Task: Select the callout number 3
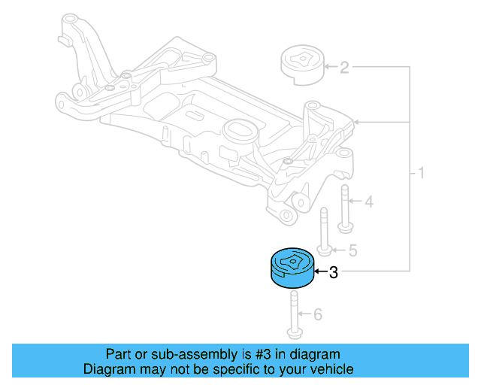(x=334, y=273)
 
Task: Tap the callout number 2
(x=344, y=68)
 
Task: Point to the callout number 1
(x=421, y=174)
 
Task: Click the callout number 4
(x=368, y=202)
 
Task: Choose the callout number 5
(x=352, y=250)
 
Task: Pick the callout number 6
(x=317, y=314)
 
